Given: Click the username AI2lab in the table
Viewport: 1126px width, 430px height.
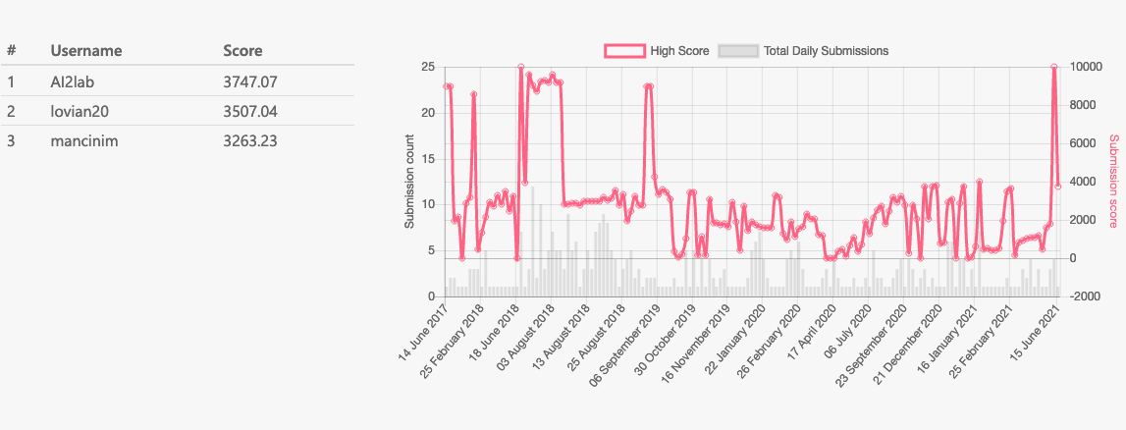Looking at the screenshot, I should (72, 81).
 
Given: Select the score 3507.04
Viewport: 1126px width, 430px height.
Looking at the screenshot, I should (250, 111).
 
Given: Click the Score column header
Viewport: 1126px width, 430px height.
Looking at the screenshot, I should (242, 51).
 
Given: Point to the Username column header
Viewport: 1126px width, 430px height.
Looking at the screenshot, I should (86, 51).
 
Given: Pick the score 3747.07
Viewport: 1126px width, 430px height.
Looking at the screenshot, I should (250, 81).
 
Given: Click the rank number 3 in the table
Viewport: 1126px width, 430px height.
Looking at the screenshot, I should (11, 140).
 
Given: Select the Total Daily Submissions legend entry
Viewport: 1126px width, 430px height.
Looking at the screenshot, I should (804, 50).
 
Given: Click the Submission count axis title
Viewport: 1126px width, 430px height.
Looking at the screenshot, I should (409, 182).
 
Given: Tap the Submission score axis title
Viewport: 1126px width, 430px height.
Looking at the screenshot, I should (1113, 182).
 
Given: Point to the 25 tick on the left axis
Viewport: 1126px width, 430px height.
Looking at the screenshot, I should (427, 67).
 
